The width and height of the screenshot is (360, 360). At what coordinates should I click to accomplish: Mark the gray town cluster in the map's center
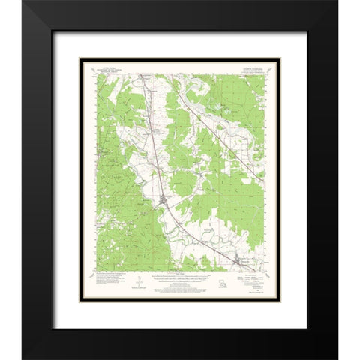point(165,199)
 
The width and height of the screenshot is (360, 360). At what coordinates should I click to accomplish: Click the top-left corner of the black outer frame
point(22,1)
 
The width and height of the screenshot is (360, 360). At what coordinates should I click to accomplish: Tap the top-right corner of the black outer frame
point(337,1)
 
